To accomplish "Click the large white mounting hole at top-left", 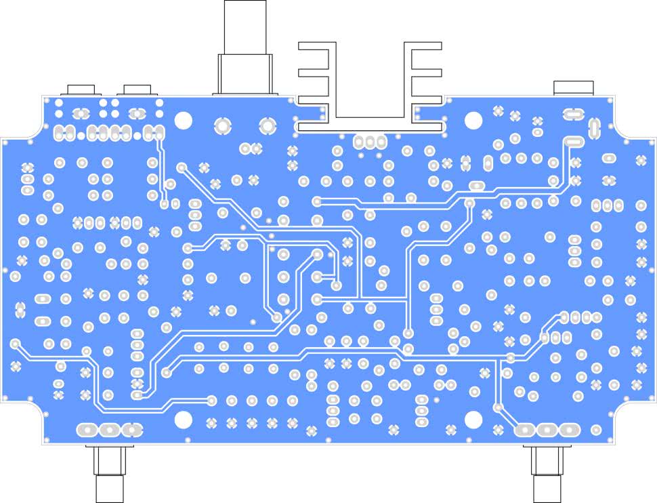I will [184, 120].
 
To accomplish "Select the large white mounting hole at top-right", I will [473, 121].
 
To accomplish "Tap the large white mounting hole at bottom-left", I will [184, 419].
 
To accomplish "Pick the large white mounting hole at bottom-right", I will [473, 420].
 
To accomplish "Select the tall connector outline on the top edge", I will [245, 47].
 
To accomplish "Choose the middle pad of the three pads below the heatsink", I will [370, 142].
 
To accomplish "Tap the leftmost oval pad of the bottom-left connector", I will [87, 430].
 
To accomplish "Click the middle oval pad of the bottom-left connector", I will [110, 430].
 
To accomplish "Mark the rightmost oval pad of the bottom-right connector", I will [569, 430].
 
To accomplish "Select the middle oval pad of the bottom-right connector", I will [547, 430].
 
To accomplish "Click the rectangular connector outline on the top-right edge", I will [573, 87].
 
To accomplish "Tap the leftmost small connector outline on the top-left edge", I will [81, 89].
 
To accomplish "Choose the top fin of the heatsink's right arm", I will [423, 45].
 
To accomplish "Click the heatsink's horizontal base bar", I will [370, 127].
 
